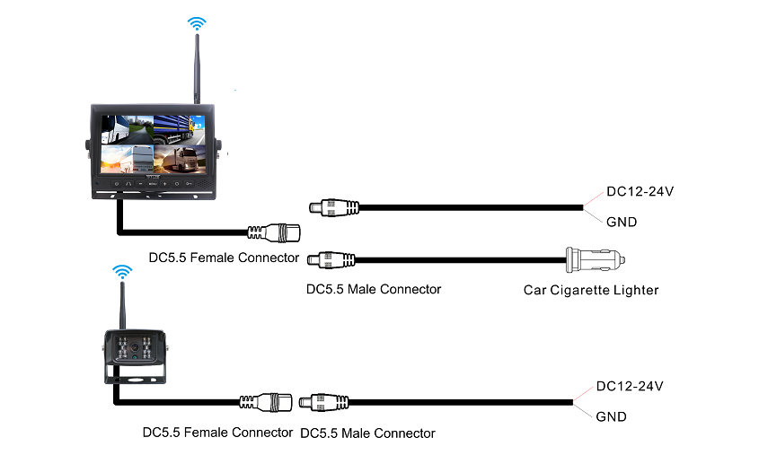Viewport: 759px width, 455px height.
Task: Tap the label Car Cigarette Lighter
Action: pyautogui.click(x=591, y=290)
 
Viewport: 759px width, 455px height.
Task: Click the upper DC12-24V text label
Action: pyautogui.click(x=640, y=191)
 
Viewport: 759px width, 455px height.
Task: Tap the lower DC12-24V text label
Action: pyautogui.click(x=630, y=387)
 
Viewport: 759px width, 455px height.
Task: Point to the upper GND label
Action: pyautogui.click(x=622, y=222)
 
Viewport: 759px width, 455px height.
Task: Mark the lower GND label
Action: pyautogui.click(x=611, y=417)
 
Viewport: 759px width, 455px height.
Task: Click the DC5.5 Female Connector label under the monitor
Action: pyautogui.click(x=224, y=258)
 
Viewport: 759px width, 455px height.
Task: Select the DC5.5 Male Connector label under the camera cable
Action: pyautogui.click(x=366, y=433)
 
